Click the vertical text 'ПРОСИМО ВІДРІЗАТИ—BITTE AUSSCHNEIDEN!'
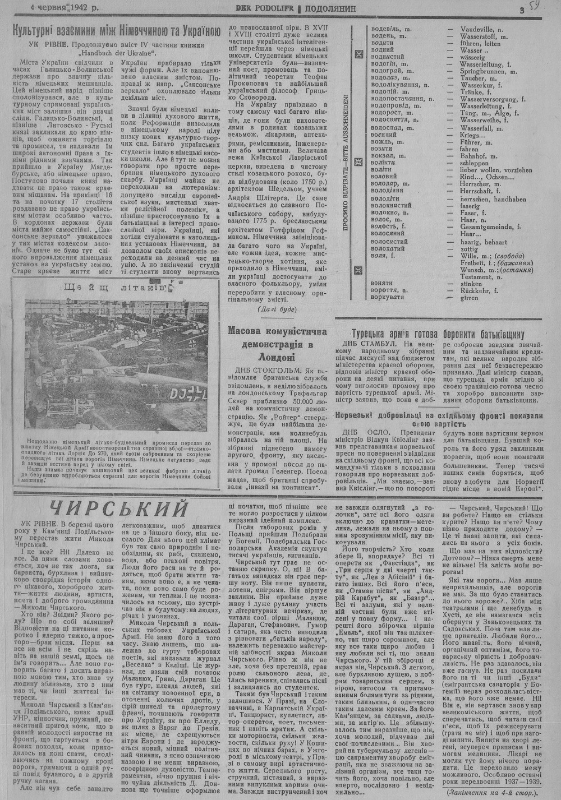point(346,163)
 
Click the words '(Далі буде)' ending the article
point(278,309)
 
